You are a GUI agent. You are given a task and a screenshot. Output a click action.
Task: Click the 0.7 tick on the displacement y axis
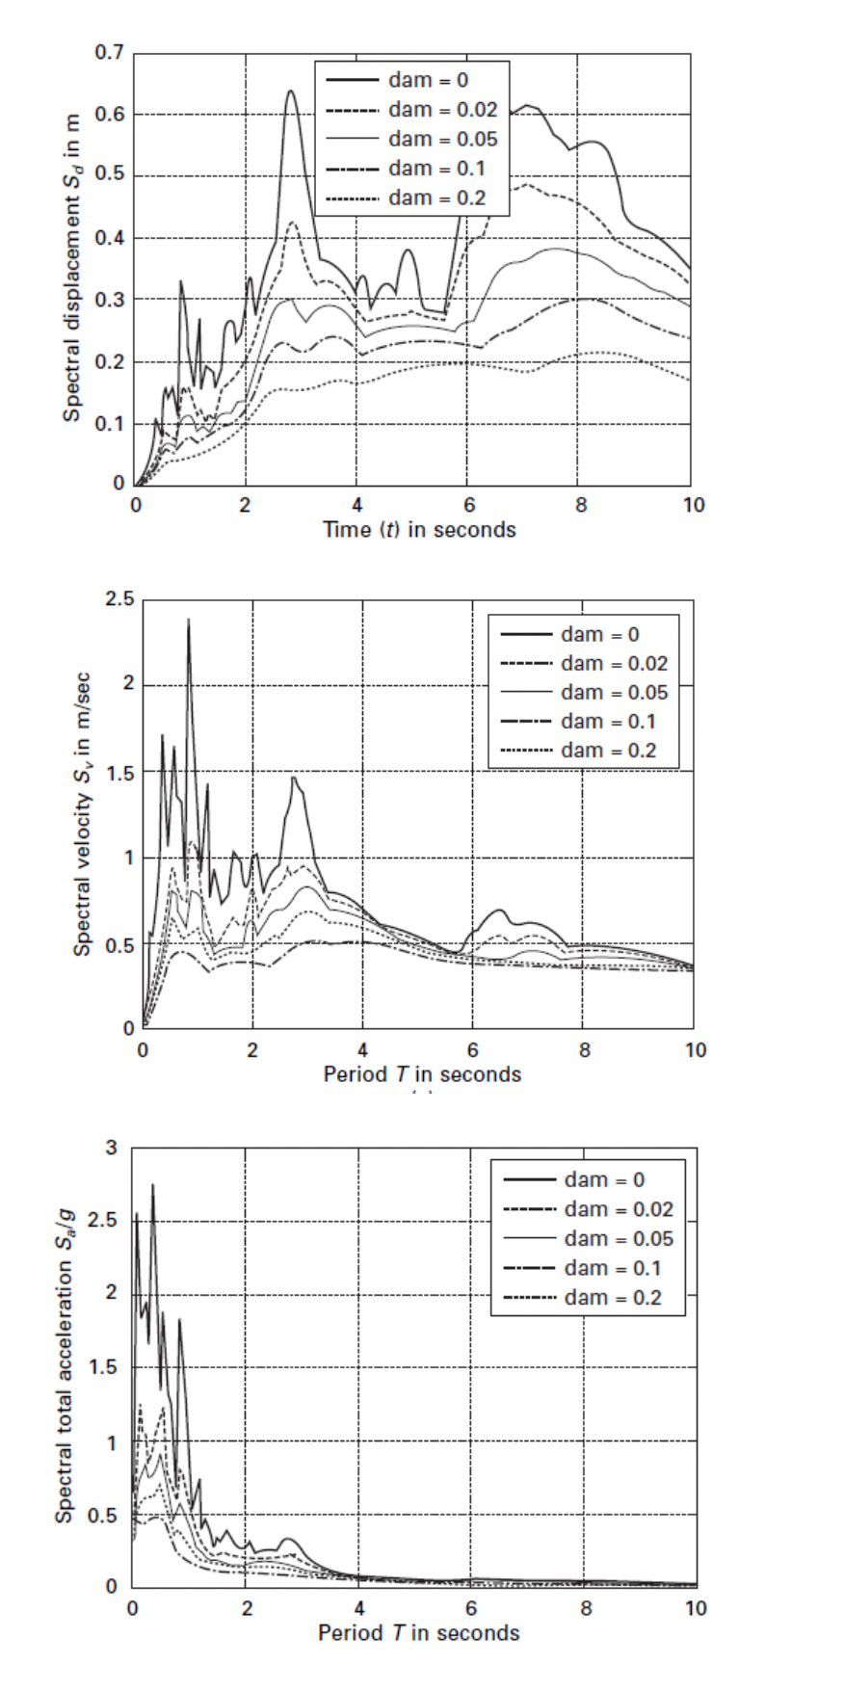109,52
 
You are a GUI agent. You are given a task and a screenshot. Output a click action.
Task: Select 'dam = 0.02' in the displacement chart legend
442,110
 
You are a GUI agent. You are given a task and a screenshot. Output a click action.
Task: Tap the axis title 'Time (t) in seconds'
419,530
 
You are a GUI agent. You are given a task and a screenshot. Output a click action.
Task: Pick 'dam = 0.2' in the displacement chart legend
436,198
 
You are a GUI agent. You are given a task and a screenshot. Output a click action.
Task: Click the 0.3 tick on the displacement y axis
109,300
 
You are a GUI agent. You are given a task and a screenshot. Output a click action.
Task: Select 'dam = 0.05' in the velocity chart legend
614,693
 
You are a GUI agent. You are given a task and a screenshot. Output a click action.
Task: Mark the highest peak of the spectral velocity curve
189,620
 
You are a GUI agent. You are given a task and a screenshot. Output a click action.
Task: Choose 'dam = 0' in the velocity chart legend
599,635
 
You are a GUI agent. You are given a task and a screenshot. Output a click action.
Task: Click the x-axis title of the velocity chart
422,1074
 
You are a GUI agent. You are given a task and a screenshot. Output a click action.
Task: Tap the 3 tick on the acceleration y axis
111,1148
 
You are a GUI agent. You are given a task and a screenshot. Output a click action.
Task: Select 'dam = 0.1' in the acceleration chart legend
613,1268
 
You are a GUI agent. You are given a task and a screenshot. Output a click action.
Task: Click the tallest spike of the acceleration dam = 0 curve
152,1185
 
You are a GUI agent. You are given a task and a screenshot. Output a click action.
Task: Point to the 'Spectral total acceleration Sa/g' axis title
65,1368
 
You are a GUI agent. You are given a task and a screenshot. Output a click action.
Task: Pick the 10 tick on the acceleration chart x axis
695,1608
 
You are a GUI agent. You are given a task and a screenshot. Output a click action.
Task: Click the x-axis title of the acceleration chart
419,1633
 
